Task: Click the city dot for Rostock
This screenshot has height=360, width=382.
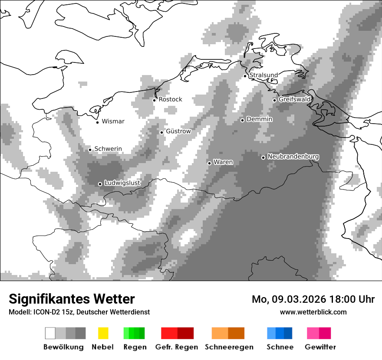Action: tap(154, 100)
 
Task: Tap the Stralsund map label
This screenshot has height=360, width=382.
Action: tap(263, 75)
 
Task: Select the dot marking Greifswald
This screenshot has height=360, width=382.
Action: tap(274, 100)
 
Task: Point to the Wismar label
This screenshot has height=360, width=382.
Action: tap(113, 121)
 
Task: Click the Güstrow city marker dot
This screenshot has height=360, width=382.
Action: tap(161, 132)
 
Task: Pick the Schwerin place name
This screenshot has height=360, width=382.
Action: tap(108, 149)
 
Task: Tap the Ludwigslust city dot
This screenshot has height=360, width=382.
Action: tap(100, 184)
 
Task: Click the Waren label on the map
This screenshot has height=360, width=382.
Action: tap(223, 162)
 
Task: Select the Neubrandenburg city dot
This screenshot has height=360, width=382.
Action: tap(263, 157)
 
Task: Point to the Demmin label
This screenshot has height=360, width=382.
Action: tap(259, 119)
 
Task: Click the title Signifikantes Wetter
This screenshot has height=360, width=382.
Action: tap(72, 299)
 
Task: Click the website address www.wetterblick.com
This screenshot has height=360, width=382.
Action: tap(313, 312)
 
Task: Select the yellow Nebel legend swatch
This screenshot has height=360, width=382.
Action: tap(103, 333)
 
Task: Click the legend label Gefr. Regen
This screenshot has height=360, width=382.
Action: tap(177, 347)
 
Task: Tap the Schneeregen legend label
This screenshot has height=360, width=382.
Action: tap(229, 347)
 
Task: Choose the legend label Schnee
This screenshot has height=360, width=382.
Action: tap(280, 347)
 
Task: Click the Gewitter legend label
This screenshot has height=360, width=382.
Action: tap(320, 347)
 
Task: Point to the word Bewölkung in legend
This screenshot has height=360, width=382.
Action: tap(63, 347)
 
